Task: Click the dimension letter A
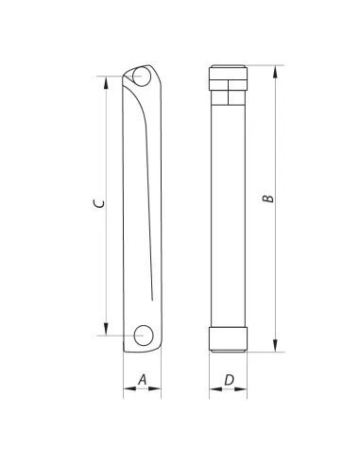click(x=143, y=380)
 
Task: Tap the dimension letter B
click(x=268, y=198)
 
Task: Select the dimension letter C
click(x=99, y=203)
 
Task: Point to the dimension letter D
click(x=229, y=380)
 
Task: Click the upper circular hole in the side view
click(x=142, y=77)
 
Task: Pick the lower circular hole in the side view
click(x=144, y=336)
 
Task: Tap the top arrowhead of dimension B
click(x=276, y=72)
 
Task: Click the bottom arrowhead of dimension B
click(x=276, y=346)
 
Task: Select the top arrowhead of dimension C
click(x=106, y=82)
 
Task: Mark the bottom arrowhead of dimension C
click(x=106, y=329)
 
